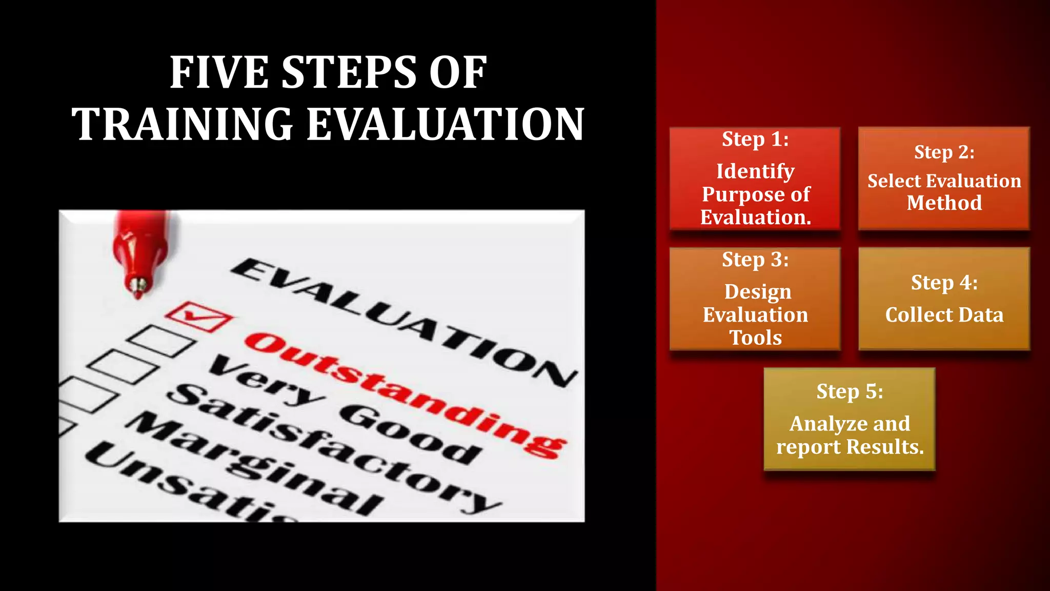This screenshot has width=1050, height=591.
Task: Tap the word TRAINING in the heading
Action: (183, 124)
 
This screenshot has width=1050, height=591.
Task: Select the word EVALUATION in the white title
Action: (445, 124)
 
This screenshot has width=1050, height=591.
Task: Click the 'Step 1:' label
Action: (755, 140)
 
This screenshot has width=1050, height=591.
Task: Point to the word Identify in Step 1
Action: (755, 171)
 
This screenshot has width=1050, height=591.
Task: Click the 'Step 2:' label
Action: (944, 152)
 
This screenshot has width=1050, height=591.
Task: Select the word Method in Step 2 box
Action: (944, 203)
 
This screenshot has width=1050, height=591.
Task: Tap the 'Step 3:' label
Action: (755, 260)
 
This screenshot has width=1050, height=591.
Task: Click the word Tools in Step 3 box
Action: (755, 338)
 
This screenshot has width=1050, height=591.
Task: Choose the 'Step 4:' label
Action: (944, 283)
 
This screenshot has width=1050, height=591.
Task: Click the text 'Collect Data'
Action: (944, 315)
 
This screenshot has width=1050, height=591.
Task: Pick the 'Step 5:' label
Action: (850, 392)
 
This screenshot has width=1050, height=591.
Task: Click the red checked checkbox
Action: (199, 317)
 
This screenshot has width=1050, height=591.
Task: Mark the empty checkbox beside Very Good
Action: (160, 341)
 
